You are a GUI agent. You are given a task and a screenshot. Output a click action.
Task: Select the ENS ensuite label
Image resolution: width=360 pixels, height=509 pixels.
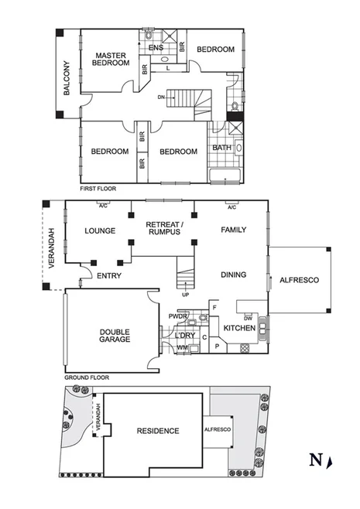coord(155,48)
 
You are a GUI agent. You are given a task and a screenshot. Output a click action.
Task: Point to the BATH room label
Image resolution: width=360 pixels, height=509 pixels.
coord(221,148)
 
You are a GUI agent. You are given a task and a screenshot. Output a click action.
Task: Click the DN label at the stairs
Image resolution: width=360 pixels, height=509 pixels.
coord(161,97)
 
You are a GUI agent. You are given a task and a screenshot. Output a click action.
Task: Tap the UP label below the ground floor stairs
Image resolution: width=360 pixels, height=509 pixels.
coord(184,295)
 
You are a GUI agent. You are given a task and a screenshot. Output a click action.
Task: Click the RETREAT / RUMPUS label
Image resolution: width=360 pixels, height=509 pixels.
coord(163,227)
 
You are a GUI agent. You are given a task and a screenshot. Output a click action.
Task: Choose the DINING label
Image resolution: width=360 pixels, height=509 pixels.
coord(233,275)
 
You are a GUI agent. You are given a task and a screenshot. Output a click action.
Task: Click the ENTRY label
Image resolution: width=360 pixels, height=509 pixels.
coord(107,275)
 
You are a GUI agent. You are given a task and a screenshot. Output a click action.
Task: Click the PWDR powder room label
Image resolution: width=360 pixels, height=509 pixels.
coord(177,316)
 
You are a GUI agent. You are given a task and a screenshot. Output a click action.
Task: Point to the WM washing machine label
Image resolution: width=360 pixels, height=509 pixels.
coord(182,348)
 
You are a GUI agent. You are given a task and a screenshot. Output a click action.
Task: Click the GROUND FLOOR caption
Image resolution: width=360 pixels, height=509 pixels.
coord(86,377)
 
